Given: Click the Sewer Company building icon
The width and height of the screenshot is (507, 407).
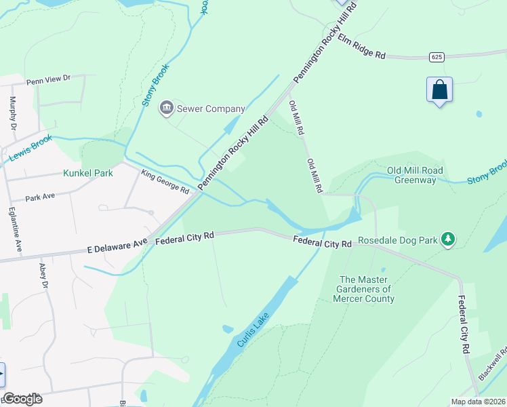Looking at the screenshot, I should (x=166, y=108).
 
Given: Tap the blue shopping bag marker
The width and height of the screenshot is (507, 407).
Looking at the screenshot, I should (x=439, y=90).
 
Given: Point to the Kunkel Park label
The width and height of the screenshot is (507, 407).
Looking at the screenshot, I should (x=87, y=173).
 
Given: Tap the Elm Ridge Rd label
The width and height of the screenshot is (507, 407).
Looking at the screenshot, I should (x=361, y=47).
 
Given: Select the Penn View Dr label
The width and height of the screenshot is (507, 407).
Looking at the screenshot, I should (x=48, y=80).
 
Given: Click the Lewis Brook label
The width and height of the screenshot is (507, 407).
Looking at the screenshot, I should (x=31, y=148).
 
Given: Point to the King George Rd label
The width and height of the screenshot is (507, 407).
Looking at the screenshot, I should (x=165, y=181).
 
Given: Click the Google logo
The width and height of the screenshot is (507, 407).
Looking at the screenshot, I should (x=22, y=399).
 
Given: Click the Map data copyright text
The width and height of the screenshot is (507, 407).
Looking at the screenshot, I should (x=478, y=402).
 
